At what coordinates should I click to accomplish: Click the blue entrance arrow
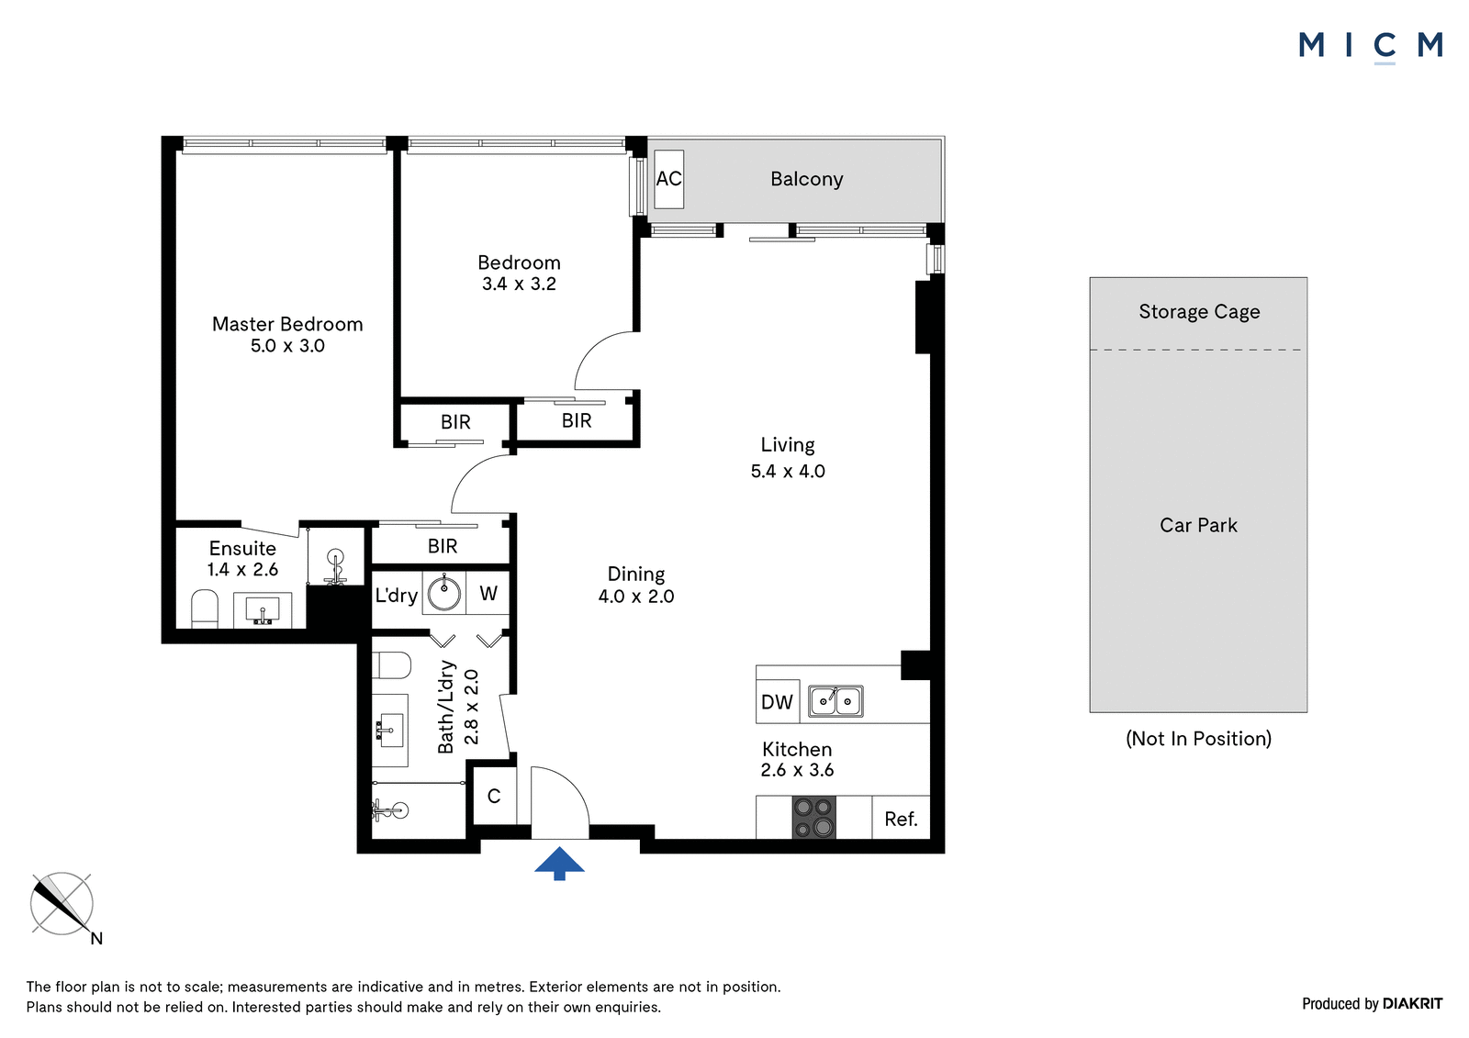[x=559, y=863]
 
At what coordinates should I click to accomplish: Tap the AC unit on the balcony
[x=669, y=179]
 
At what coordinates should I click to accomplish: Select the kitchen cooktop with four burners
[x=814, y=817]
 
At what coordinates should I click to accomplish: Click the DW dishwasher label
[x=777, y=702]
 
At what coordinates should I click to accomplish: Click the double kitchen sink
[x=835, y=701]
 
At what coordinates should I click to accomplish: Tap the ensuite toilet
[x=205, y=609]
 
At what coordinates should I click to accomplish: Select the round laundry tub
[x=444, y=593]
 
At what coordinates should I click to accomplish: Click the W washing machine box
[x=488, y=593]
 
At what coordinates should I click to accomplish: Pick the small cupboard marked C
[x=495, y=796]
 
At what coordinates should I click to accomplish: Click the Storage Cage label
[x=1199, y=311]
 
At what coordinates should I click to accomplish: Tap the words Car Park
[x=1198, y=525]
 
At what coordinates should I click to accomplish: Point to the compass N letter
[x=96, y=938]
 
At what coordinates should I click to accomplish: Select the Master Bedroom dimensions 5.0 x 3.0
[x=287, y=346]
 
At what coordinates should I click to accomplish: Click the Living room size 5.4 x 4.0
[x=788, y=471]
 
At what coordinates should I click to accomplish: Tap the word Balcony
[x=807, y=179]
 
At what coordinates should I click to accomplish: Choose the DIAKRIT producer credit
[x=1412, y=1003]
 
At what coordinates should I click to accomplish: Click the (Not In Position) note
[x=1198, y=738]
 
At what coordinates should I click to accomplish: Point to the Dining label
[x=636, y=575]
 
